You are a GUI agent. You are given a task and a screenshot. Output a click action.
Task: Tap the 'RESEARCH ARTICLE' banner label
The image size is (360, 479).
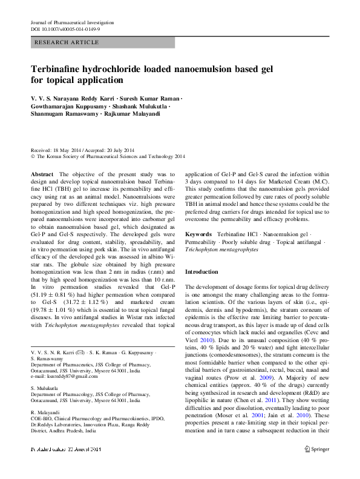coord(67,42)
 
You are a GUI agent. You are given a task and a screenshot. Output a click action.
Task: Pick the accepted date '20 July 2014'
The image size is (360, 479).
coord(117,150)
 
